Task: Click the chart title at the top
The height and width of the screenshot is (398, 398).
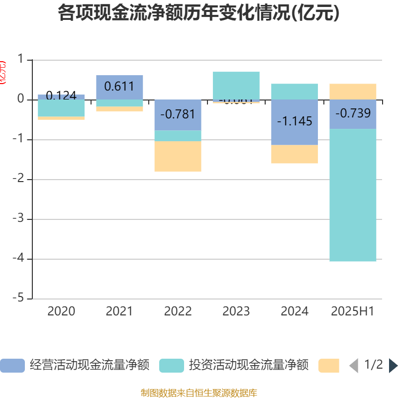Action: (199, 13)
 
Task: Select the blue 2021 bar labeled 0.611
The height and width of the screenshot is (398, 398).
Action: (119, 87)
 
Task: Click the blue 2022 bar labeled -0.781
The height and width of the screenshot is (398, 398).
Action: (178, 115)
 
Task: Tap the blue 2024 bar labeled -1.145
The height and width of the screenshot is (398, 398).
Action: (295, 122)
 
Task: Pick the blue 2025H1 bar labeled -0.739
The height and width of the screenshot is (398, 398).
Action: (353, 114)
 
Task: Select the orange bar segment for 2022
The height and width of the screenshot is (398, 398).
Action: (178, 156)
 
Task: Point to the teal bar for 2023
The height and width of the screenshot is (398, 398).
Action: (236, 85)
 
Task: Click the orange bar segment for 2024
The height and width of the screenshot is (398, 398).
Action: (295, 154)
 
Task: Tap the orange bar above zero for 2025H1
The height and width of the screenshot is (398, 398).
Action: (353, 92)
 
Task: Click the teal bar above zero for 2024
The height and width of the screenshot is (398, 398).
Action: (295, 92)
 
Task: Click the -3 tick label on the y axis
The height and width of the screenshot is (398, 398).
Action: (20, 219)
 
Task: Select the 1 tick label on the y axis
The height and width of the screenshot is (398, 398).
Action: (20, 60)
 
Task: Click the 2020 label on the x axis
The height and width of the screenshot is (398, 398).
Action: (61, 311)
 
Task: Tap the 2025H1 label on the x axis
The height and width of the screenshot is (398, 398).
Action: (353, 311)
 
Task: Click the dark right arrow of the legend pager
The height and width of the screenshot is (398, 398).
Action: (393, 366)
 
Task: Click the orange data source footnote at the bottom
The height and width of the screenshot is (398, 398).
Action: (199, 393)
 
